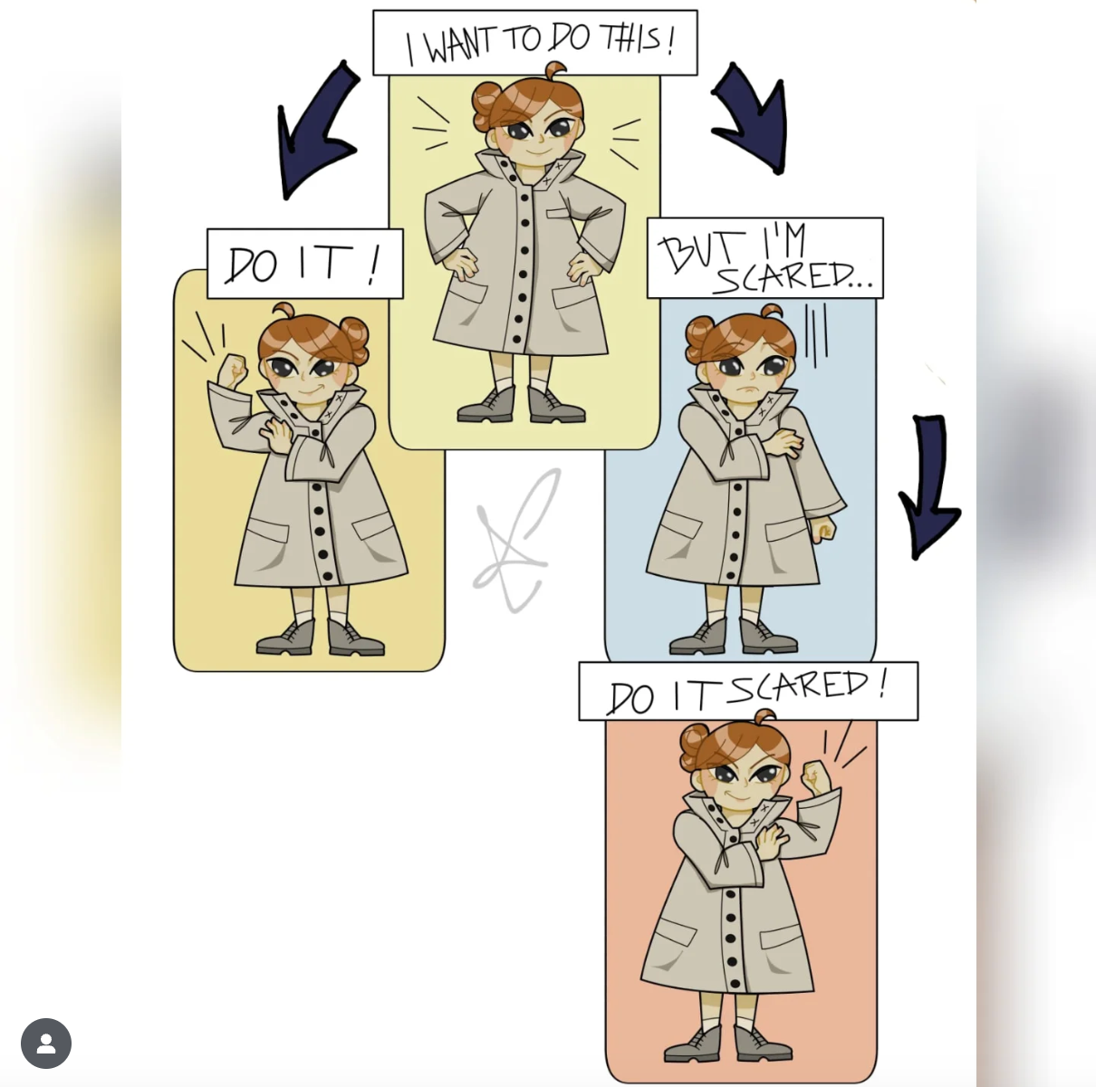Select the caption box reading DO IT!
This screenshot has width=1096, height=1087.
click(x=305, y=264)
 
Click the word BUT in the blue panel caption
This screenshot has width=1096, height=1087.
click(x=702, y=252)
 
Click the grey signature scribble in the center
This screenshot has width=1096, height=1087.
click(x=515, y=541)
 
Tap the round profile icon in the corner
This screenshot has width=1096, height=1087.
click(x=46, y=1044)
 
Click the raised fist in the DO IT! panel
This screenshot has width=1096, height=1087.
click(x=233, y=371)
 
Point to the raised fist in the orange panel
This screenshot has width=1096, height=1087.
click(x=816, y=777)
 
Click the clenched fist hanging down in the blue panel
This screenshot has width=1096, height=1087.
click(x=822, y=529)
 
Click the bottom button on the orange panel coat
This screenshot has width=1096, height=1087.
click(x=735, y=984)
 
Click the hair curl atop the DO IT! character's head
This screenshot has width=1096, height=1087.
click(x=284, y=311)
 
